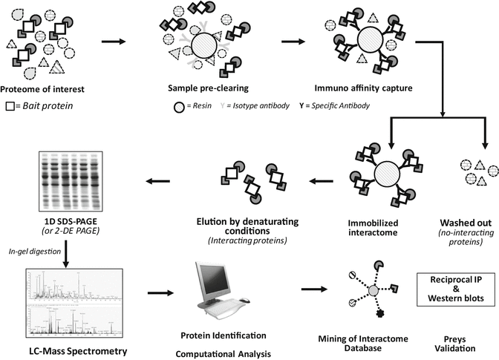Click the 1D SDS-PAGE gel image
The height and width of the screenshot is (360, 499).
pos(64,183)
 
